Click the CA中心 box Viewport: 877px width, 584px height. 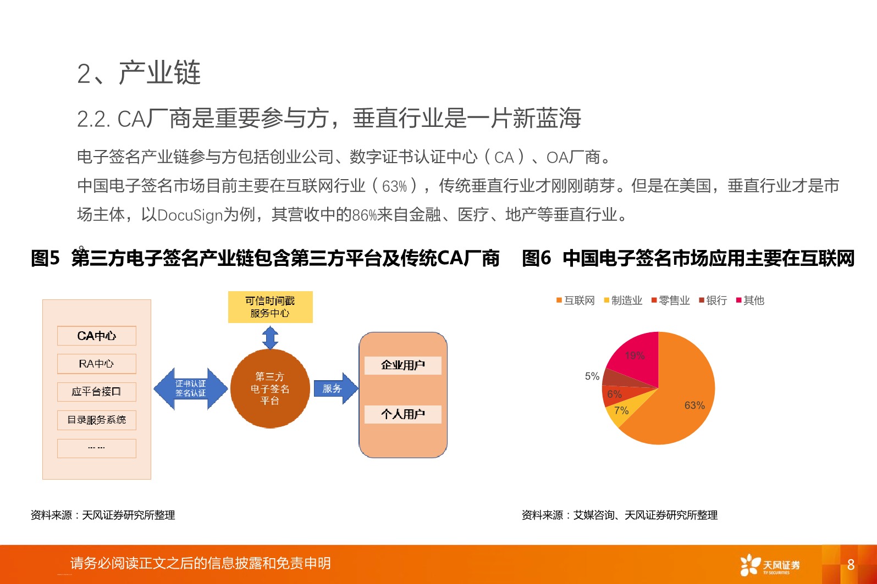97,336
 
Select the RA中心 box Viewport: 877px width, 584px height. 97,364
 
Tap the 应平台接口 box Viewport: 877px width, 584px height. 97,392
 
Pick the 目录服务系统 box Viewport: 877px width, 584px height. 97,420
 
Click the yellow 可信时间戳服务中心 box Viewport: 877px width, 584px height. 270,307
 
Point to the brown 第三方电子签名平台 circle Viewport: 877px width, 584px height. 270,388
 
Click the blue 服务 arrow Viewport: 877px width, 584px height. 335,388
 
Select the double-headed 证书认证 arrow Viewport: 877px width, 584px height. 190,388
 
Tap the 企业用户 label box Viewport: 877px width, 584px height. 403,365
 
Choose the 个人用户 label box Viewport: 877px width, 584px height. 403,414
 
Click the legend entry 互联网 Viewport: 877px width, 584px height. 576,301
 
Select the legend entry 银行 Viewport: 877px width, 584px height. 713,301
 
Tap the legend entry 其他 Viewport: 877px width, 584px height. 751,301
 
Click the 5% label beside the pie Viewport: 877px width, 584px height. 592,376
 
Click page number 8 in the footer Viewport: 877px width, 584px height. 851,564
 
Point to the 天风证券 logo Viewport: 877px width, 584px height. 770,565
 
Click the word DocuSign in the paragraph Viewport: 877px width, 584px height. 190,214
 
